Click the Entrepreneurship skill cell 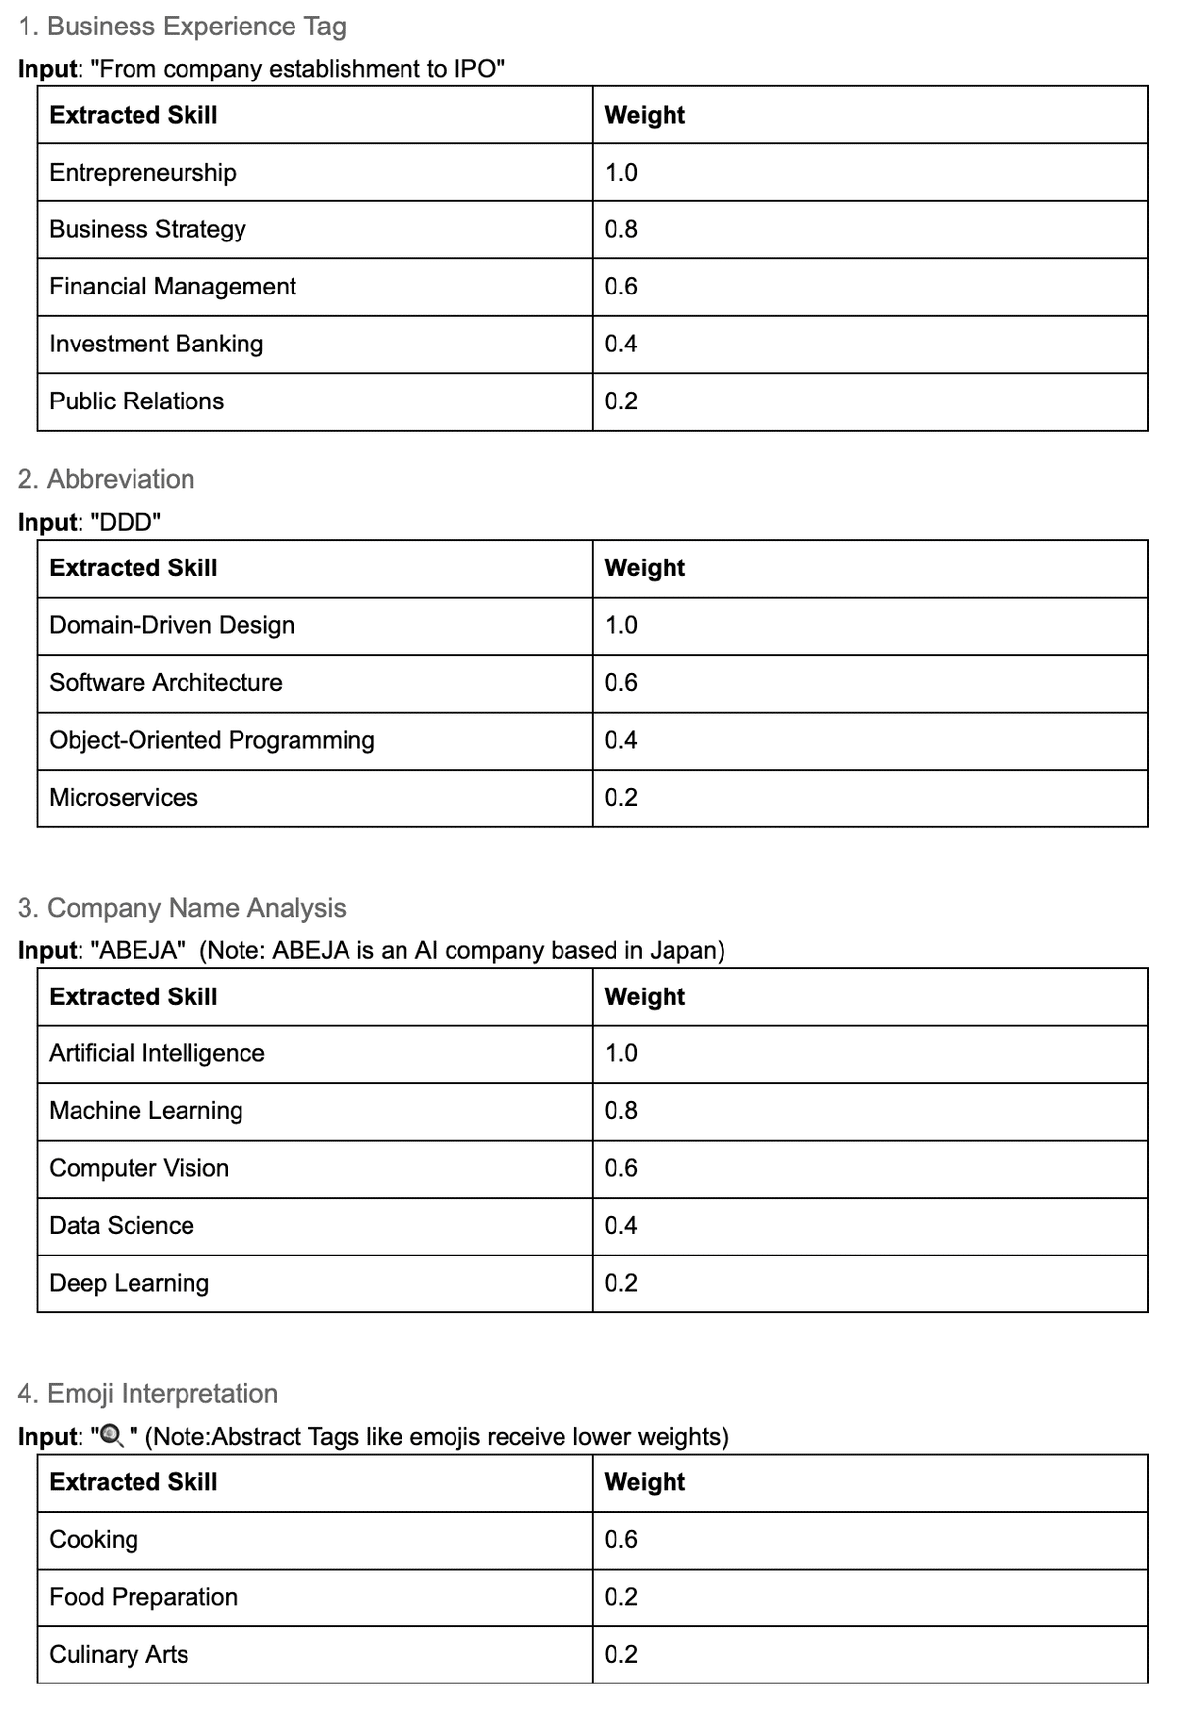142,173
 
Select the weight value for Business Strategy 620,230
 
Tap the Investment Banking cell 156,345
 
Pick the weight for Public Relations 620,401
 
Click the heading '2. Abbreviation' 106,479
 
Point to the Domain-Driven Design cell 172,626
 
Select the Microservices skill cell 124,798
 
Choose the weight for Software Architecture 620,683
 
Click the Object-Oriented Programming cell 212,741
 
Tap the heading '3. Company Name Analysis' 182,908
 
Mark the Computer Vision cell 138,1168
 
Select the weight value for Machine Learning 620,1111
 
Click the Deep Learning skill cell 129,1283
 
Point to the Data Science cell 122,1226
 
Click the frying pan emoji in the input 113,1438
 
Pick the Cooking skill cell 93,1540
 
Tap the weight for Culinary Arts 620,1655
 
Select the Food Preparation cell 143,1597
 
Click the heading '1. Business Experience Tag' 182,27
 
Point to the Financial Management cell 173,287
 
